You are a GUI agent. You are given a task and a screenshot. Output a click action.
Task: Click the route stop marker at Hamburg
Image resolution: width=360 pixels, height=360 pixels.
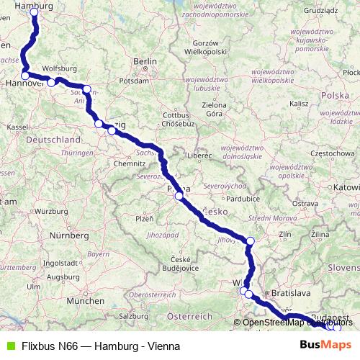34,12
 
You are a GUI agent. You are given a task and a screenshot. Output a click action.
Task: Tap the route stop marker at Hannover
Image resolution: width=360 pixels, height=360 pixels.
25,76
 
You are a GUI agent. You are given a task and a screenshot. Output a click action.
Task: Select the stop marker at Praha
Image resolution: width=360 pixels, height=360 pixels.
179,195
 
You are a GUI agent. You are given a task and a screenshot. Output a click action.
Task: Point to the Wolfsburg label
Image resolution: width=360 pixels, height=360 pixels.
59,69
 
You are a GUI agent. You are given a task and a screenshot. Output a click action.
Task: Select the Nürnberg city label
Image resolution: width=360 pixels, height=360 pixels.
68,235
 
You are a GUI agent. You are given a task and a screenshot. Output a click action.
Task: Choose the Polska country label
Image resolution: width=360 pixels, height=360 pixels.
335,95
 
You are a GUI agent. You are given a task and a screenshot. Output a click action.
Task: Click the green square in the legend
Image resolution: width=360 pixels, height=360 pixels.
10,346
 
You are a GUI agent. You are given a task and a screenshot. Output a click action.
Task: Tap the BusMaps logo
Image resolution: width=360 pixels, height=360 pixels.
325,346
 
